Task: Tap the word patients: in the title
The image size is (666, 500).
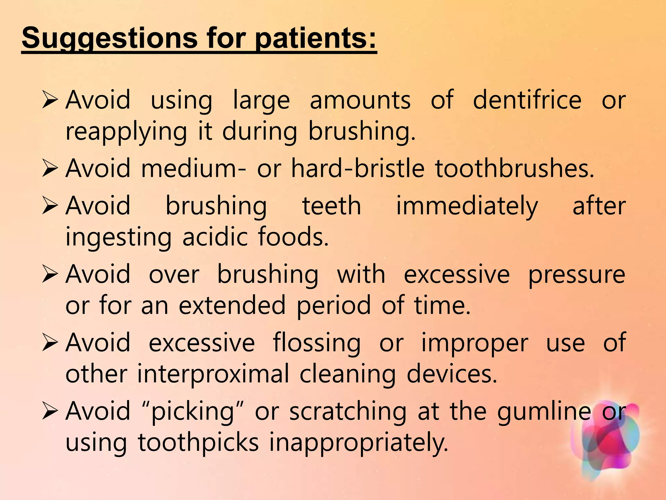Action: [x=315, y=38]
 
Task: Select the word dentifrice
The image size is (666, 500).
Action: [x=527, y=100]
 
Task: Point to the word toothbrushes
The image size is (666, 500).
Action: [x=514, y=169]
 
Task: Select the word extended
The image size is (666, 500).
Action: [x=232, y=306]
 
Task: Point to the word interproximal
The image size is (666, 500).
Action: [x=213, y=374]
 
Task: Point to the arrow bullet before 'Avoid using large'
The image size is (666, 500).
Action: [x=50, y=100]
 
